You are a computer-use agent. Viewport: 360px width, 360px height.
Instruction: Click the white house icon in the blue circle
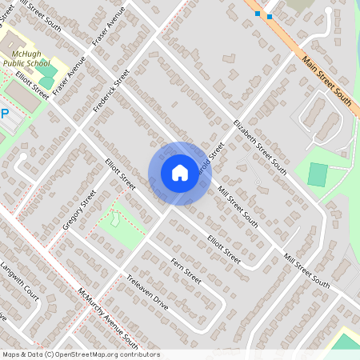click(x=180, y=172)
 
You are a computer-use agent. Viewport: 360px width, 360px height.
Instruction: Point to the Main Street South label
click(x=326, y=80)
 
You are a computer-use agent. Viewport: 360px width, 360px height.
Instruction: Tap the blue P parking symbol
click(x=3, y=114)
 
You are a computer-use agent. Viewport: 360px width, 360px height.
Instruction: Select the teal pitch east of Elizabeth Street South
click(x=318, y=174)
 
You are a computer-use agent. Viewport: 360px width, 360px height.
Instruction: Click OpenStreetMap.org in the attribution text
click(x=106, y=354)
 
